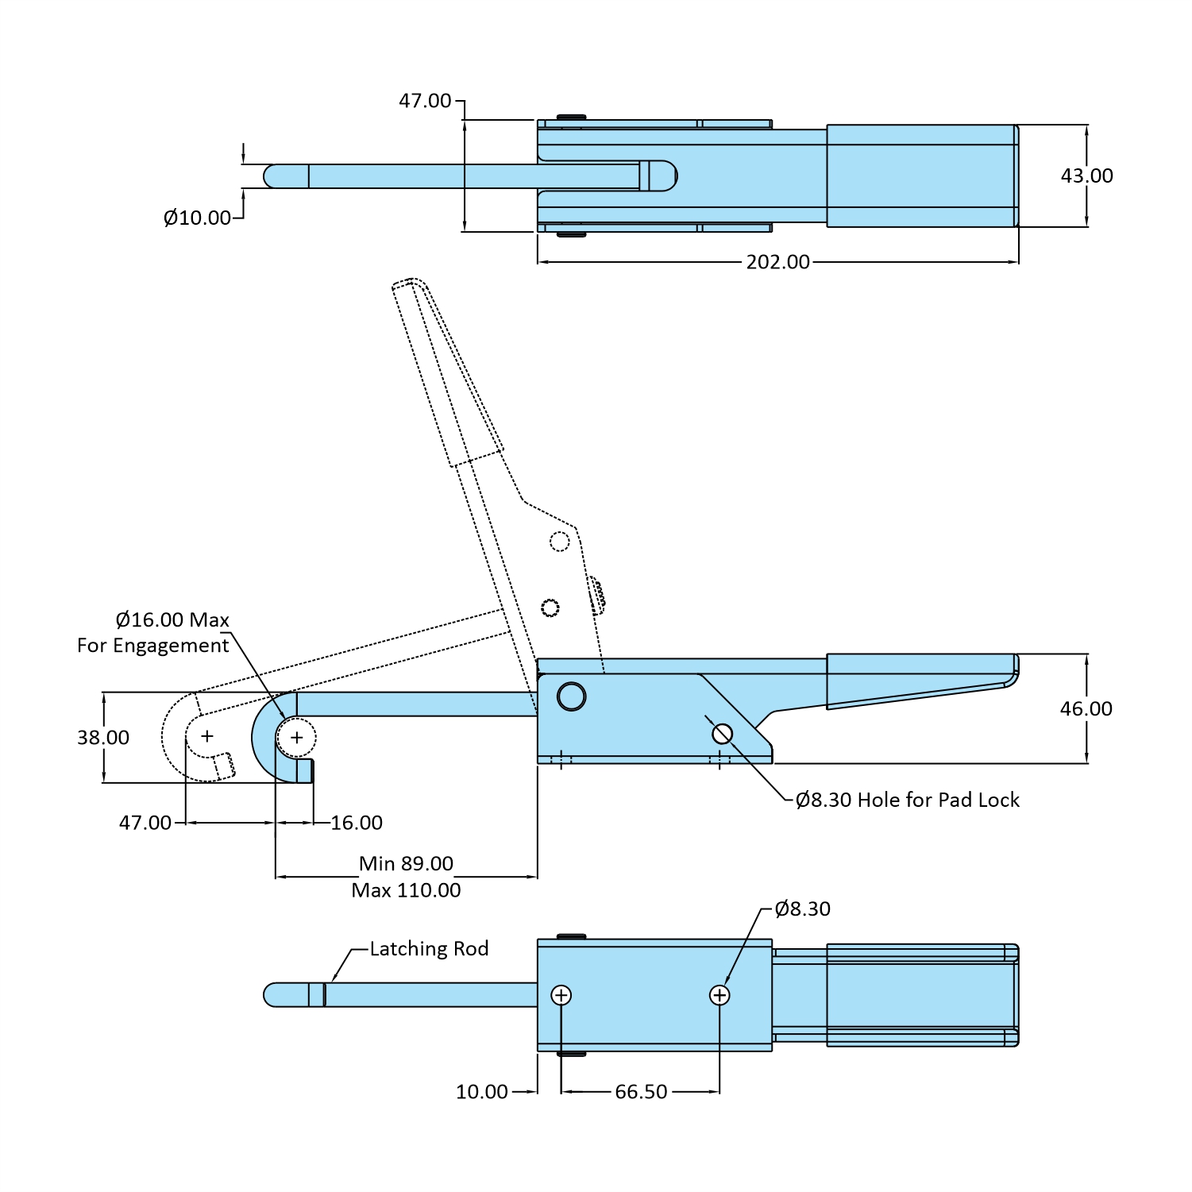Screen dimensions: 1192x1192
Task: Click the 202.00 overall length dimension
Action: [777, 262]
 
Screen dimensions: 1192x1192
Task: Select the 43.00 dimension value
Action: [1086, 176]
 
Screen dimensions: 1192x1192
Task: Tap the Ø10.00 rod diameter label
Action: [197, 218]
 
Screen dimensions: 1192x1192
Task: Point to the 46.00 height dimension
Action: [1086, 708]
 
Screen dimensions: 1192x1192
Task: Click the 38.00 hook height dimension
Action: [103, 738]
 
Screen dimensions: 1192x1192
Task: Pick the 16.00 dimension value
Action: [357, 823]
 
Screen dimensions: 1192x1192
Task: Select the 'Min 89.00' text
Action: [406, 864]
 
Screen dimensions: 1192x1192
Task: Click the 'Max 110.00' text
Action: [406, 890]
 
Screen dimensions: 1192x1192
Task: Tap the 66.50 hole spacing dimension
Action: [641, 1092]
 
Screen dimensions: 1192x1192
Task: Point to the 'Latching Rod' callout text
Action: [429, 949]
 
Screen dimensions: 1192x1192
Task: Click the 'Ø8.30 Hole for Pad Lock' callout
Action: [907, 800]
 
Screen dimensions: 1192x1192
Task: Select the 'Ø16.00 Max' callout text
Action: [172, 620]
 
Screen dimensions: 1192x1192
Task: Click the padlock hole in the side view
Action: [722, 734]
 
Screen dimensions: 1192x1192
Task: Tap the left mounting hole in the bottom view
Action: [561, 995]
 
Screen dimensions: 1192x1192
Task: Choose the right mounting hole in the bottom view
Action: [719, 995]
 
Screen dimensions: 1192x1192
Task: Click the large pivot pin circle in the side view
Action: [572, 696]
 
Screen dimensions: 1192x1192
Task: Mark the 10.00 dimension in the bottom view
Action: [481, 1092]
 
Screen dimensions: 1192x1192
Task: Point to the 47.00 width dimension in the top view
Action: [425, 101]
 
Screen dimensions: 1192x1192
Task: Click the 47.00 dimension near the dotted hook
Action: [145, 823]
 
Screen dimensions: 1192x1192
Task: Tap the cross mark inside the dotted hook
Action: [207, 736]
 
